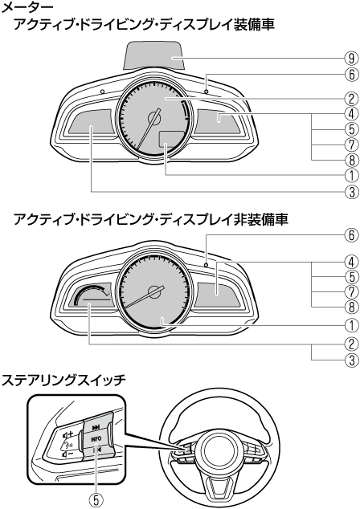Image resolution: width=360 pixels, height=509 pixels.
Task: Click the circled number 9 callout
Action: coord(351,59)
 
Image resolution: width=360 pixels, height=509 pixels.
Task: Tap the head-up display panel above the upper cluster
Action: coord(153,55)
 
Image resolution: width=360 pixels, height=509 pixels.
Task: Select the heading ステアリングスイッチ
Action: coord(63,380)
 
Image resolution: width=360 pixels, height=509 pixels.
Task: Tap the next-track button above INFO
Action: coord(96,427)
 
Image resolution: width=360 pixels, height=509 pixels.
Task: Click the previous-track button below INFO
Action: coord(96,450)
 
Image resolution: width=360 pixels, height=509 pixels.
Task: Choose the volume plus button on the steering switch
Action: coord(68,434)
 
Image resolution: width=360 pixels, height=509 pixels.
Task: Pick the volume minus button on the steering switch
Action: coord(67,454)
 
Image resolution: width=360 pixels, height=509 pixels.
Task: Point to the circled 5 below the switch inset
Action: coord(96,500)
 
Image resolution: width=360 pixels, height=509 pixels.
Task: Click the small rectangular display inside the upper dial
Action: coord(171,140)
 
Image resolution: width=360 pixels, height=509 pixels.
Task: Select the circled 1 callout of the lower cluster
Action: coord(351,324)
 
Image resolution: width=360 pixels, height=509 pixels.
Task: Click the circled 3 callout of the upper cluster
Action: coord(351,191)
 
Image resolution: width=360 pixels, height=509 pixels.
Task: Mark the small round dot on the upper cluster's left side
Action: coord(103,92)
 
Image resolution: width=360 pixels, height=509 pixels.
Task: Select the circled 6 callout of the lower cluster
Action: coord(351,235)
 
